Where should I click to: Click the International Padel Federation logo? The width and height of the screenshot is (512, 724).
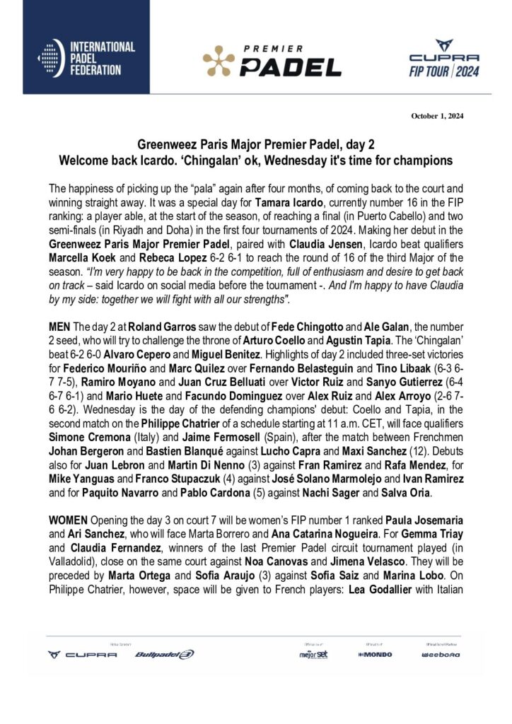click(85, 59)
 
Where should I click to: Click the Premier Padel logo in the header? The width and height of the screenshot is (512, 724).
click(272, 60)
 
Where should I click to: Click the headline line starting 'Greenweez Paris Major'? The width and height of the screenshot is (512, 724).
click(255, 146)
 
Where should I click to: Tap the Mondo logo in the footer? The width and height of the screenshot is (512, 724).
click(375, 655)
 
